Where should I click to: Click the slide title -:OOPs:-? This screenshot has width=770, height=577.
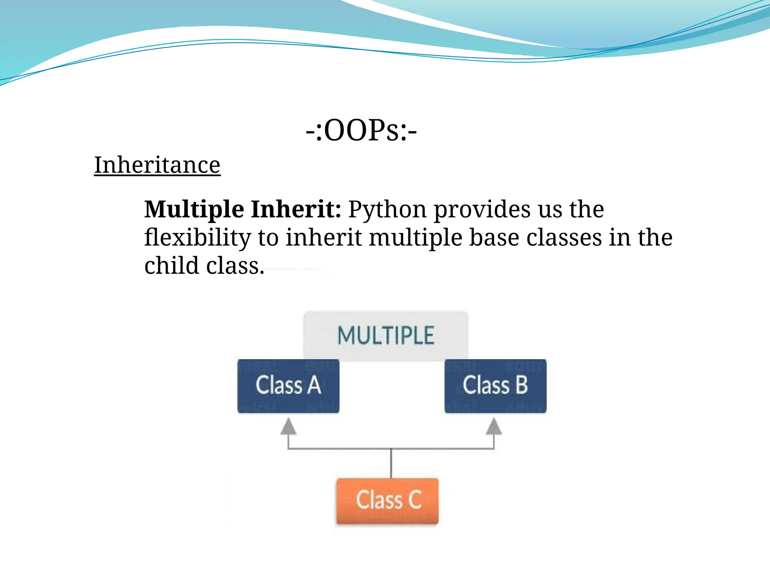coord(361,131)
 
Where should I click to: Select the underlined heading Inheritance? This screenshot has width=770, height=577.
coord(157,165)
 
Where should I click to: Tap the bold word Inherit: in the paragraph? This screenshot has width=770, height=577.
coord(296,209)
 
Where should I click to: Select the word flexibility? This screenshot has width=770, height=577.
coord(197,238)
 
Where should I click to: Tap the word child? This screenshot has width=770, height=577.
coord(171,266)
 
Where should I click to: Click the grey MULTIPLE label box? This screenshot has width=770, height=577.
coord(386,335)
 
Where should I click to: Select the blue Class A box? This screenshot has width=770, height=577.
coord(288,386)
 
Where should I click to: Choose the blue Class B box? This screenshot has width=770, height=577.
coord(495,386)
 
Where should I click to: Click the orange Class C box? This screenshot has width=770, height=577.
coord(388,500)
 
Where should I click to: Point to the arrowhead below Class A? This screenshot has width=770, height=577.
coord(288,427)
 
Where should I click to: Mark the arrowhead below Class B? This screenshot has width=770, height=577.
coord(494,427)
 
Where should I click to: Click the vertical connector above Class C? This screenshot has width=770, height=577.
coord(391,463)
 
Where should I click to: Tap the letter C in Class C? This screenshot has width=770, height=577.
coord(415,500)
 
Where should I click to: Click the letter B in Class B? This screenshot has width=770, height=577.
coord(522,385)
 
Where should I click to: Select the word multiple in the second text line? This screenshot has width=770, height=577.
coord(415,238)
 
